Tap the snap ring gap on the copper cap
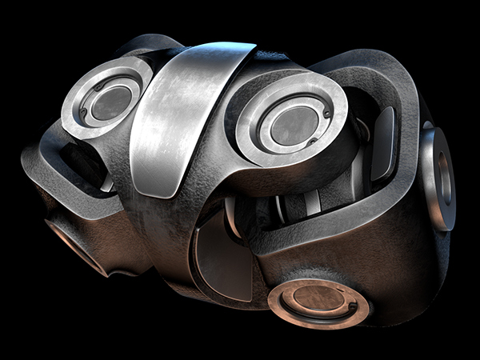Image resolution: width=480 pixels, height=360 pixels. tap(353, 306)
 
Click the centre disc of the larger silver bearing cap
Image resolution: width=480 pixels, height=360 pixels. tap(294, 124)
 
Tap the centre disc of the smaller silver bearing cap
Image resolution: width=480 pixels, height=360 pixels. tap(110, 102)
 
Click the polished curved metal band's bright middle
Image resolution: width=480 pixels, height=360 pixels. tap(172, 120)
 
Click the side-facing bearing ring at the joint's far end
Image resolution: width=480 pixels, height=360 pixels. tap(439, 179)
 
